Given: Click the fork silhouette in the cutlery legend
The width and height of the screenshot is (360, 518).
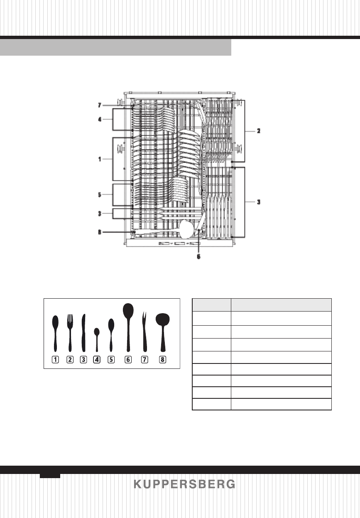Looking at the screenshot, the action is click(70, 333).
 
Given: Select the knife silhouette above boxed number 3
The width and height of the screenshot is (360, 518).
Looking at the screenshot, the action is click(83, 333).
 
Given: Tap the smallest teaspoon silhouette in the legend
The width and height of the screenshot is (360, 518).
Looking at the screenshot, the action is click(97, 340).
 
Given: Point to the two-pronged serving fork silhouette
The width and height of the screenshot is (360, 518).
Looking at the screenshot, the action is click(144, 331).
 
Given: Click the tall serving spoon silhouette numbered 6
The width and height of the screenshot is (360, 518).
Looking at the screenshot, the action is click(128, 327).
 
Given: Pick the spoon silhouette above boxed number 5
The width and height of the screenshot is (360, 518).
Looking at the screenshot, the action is click(111, 335).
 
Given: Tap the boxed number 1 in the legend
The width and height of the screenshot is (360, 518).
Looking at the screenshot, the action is click(55, 360).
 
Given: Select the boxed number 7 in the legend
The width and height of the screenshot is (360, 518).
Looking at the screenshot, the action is click(144, 360).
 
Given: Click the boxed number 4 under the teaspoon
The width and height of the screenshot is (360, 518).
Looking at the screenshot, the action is click(97, 360).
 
